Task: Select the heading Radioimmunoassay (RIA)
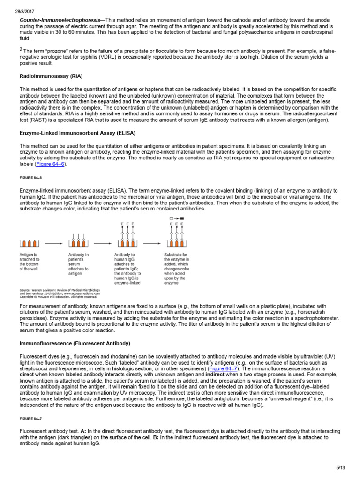coord(51,76)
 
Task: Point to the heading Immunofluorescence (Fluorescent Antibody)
coord(75,344)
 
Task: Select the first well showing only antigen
coord(30,243)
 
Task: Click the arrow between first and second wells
coord(53,243)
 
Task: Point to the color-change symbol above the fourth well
coord(176,219)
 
